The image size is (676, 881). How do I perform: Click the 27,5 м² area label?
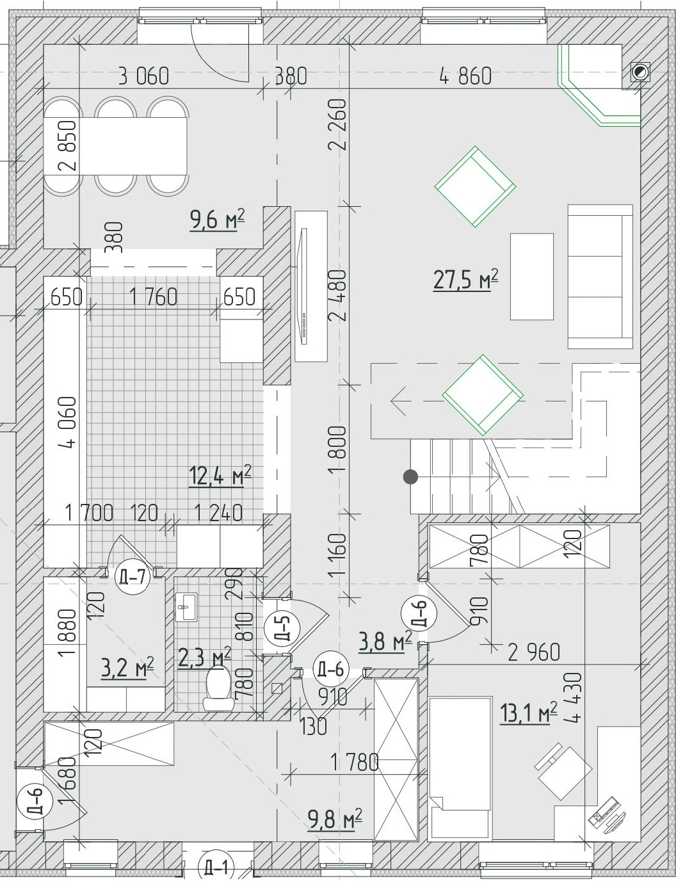click(465, 280)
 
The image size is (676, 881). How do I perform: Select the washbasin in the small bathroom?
click(187, 606)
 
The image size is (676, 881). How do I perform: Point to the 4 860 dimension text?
click(465, 76)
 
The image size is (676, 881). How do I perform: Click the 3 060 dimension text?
click(143, 76)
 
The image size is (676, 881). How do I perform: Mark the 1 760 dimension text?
click(153, 297)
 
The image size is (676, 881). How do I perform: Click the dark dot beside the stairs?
click(411, 477)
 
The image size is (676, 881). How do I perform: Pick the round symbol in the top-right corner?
click(640, 72)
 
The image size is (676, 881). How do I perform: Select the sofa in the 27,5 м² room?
click(600, 276)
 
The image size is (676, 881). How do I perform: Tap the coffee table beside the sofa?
click(532, 276)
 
